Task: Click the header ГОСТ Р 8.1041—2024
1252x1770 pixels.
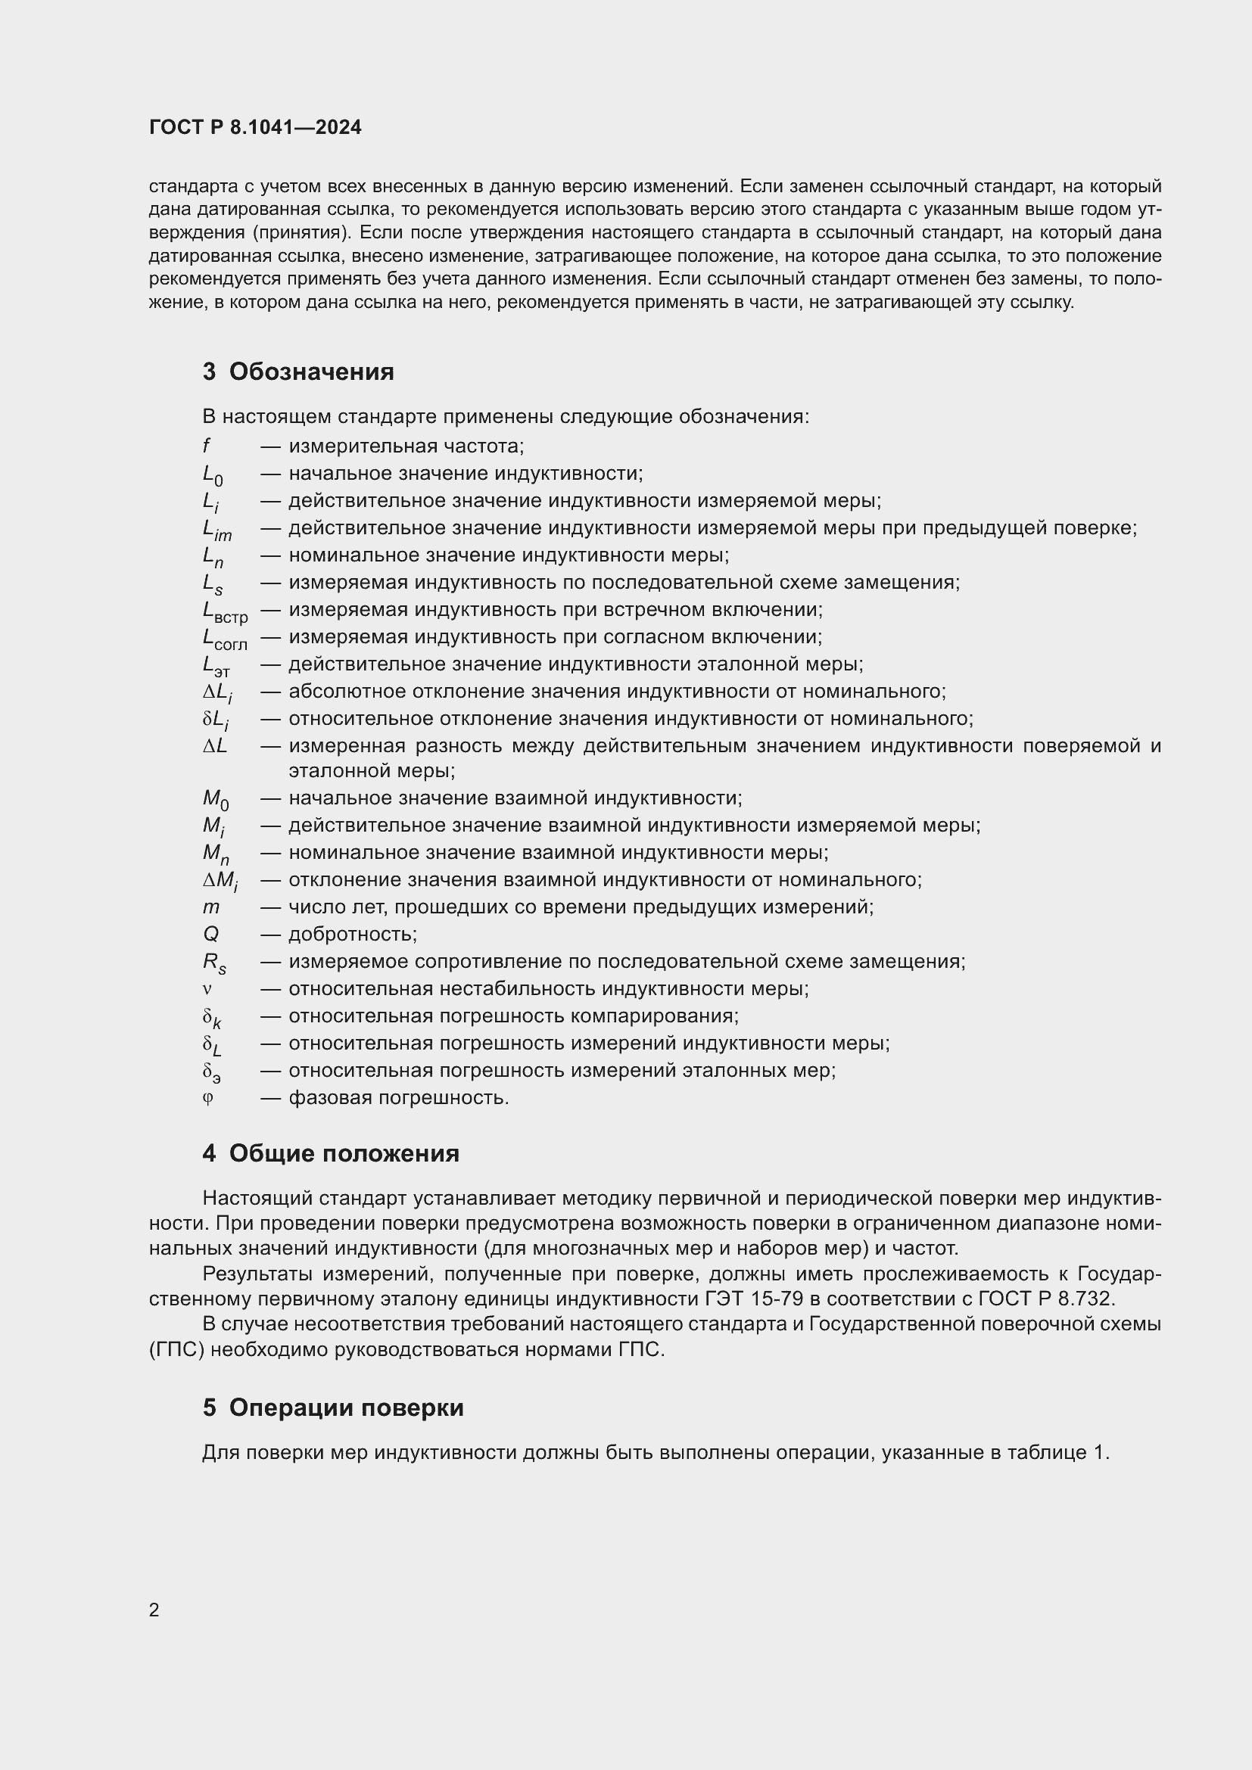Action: pyautogui.click(x=255, y=127)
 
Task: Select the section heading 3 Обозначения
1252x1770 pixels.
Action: pyautogui.click(x=298, y=372)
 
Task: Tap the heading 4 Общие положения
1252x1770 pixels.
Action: pyautogui.click(x=331, y=1153)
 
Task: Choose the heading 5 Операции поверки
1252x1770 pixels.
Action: pyautogui.click(x=333, y=1408)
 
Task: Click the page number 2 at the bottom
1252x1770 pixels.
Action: pyautogui.click(x=154, y=1610)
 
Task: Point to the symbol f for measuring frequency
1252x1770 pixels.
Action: pyautogui.click(x=207, y=446)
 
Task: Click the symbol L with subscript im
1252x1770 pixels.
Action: pyautogui.click(x=216, y=530)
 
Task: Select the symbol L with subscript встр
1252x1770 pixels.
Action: pyautogui.click(x=224, y=612)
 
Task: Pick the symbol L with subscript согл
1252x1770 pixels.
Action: pyautogui.click(x=224, y=639)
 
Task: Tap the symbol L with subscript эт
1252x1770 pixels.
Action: pyautogui.click(x=216, y=666)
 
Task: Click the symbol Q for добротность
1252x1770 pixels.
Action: pyautogui.click(x=210, y=935)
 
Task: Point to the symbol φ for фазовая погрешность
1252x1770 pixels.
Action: pyautogui.click(x=207, y=1098)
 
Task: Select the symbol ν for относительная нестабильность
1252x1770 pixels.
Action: pyautogui.click(x=207, y=989)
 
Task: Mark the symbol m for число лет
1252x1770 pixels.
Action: pyautogui.click(x=211, y=907)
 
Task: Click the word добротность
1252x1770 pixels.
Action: pyautogui.click(x=352, y=935)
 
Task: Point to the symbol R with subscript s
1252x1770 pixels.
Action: pyautogui.click(x=214, y=963)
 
